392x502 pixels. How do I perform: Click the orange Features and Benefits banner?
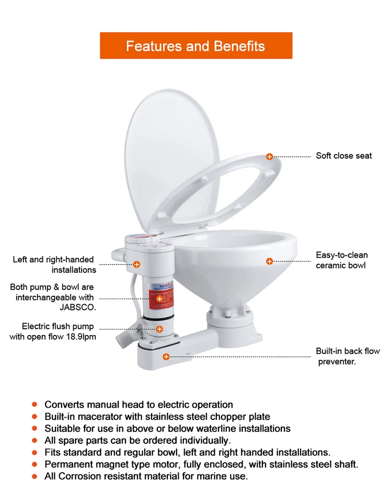pyautogui.click(x=196, y=46)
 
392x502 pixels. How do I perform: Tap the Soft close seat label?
pyautogui.click(x=344, y=156)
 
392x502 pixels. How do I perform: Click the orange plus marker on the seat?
pyautogui.click(x=270, y=157)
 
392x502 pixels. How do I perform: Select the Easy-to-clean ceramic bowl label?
pyautogui.click(x=342, y=260)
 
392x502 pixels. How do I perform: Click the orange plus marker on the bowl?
pyautogui.click(x=270, y=261)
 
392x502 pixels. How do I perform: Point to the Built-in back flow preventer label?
pyautogui.click(x=348, y=356)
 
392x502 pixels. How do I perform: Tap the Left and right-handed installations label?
pyautogui.click(x=54, y=264)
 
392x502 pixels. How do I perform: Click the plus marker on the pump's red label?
pyautogui.click(x=159, y=299)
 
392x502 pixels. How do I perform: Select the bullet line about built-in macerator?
pyautogui.click(x=157, y=417)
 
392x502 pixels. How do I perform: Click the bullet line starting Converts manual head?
pyautogui.click(x=139, y=405)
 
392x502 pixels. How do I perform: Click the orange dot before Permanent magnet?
pyautogui.click(x=34, y=464)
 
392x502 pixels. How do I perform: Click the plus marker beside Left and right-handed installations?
pyautogui.click(x=136, y=265)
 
